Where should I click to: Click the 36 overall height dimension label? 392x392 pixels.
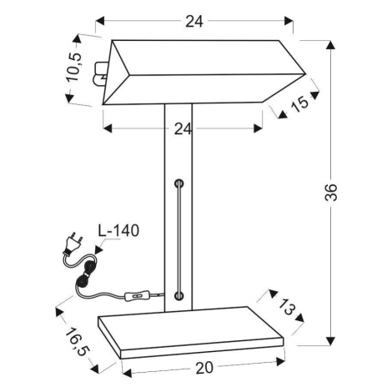pos(331,192)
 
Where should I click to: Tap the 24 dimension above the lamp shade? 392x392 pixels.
pos(194,21)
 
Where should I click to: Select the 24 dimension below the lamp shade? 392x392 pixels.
pos(183,128)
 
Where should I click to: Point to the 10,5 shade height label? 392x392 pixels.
pos(75,67)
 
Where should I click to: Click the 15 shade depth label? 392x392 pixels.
pos(300,103)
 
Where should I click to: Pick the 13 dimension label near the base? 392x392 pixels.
pos(286,307)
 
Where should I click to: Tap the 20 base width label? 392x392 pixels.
pos(204,368)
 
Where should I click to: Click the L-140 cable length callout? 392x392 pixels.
pos(118,230)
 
